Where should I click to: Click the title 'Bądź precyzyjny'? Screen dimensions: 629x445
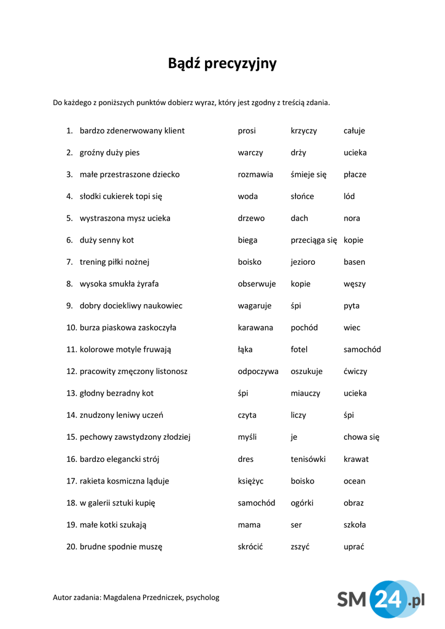(x=222, y=63)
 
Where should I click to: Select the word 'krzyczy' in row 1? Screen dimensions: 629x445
(x=304, y=131)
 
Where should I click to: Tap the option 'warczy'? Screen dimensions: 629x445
(x=250, y=153)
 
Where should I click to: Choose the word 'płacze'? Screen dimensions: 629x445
(x=355, y=174)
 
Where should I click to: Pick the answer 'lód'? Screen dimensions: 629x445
(x=349, y=197)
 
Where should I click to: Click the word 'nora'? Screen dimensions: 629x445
(x=352, y=219)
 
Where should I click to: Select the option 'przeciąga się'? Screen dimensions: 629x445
(x=314, y=240)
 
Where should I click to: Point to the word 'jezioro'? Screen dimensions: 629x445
(x=303, y=262)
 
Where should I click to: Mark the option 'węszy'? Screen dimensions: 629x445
(x=354, y=284)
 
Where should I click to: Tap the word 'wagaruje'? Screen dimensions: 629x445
(x=254, y=306)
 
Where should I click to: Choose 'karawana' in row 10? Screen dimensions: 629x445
(x=255, y=328)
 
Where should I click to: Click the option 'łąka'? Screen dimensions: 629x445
(x=245, y=350)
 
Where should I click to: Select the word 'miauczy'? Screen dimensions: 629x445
(x=305, y=394)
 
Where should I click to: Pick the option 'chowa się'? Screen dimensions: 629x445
(x=362, y=437)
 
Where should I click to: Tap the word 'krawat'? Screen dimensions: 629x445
(x=356, y=459)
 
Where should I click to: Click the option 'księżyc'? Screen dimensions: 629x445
(x=251, y=481)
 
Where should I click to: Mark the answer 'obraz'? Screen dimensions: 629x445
(x=354, y=503)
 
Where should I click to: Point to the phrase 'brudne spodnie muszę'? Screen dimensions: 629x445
(x=121, y=547)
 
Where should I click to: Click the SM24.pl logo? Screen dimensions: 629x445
(x=381, y=599)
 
